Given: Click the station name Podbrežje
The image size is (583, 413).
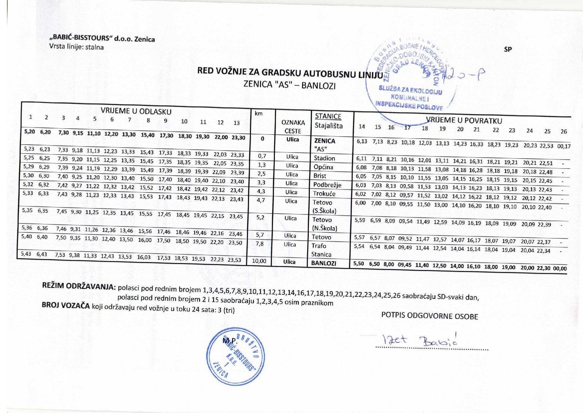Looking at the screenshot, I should (327, 185).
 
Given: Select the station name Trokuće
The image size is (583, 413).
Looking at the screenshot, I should (324, 194).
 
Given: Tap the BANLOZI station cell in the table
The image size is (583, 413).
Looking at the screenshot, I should (323, 263).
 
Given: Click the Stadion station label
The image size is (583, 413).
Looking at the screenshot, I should (324, 158).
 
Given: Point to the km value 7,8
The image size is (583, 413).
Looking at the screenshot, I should (260, 244).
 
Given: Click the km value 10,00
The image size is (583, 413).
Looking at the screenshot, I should (259, 261).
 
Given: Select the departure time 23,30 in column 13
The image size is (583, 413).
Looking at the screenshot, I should (238, 137).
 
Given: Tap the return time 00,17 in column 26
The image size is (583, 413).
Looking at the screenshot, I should (563, 146).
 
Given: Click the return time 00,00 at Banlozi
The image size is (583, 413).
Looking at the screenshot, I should (560, 268).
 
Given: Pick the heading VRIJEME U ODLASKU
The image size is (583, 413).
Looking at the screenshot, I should (136, 111).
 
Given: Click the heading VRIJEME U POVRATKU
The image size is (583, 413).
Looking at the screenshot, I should (464, 120).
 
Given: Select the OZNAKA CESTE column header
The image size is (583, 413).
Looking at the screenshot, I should (293, 127).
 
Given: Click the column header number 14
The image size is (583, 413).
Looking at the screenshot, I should (362, 126).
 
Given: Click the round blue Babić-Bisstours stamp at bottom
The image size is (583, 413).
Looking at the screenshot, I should (235, 356).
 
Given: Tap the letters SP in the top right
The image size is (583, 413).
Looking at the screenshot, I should (508, 49).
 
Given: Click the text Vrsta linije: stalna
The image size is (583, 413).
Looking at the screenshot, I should (76, 47).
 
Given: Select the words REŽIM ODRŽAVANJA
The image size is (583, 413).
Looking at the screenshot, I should (78, 286).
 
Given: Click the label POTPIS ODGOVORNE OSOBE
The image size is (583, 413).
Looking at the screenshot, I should (429, 316).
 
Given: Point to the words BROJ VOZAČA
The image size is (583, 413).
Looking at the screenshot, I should (65, 305).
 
